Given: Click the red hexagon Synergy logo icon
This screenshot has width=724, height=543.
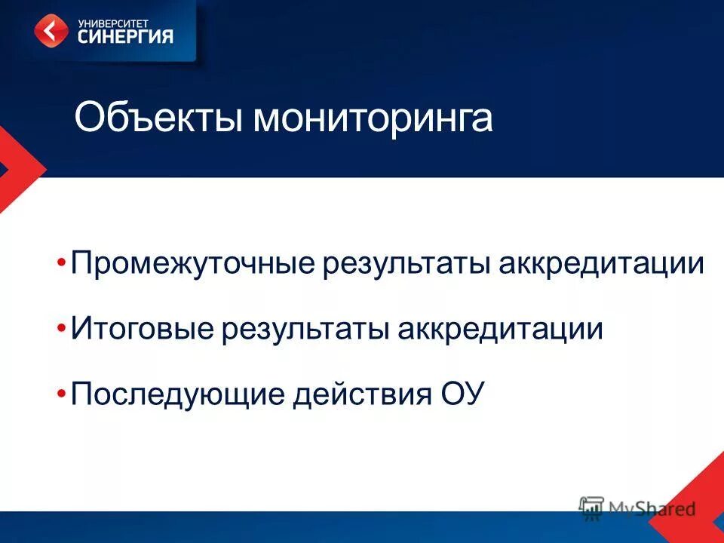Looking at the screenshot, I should (51, 32).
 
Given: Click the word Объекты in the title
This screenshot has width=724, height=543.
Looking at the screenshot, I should (158, 118).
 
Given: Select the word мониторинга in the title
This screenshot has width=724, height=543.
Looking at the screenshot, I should (372, 120).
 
